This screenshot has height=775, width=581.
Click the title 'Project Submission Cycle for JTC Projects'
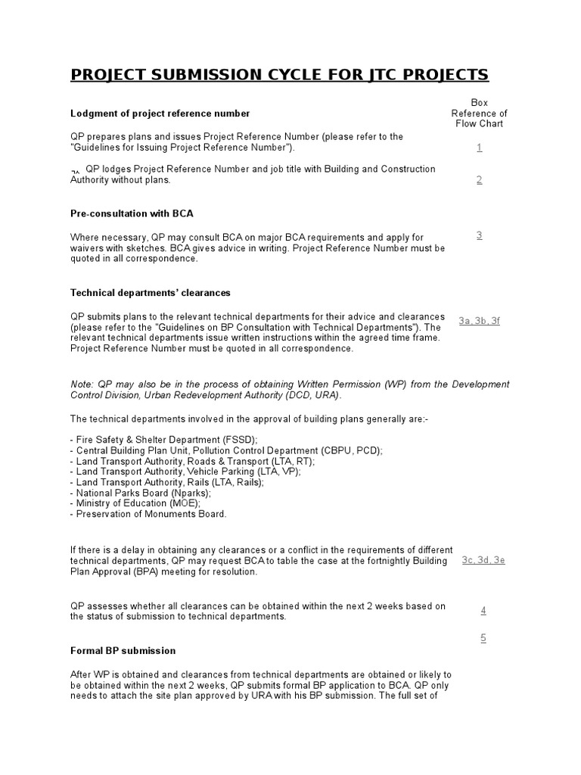click(x=279, y=74)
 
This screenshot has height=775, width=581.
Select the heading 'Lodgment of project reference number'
click(x=160, y=114)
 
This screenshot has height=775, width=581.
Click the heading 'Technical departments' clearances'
click(x=151, y=292)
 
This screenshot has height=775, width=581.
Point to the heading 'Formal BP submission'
click(x=123, y=650)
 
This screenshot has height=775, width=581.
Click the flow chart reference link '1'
click(x=480, y=147)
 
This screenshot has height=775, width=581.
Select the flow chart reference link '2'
click(x=480, y=179)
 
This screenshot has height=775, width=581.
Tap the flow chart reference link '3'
click(x=480, y=235)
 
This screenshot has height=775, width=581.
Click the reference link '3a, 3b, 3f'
click(x=480, y=321)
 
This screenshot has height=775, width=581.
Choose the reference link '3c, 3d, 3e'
click(x=483, y=560)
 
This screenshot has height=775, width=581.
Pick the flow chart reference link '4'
click(x=483, y=610)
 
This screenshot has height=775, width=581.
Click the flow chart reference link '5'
click(x=483, y=638)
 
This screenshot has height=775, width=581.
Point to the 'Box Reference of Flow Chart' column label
click(x=480, y=113)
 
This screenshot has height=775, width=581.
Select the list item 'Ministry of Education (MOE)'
click(x=137, y=503)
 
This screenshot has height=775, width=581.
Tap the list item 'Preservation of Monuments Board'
click(x=150, y=514)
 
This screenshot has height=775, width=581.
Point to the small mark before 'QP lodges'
click(x=76, y=171)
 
